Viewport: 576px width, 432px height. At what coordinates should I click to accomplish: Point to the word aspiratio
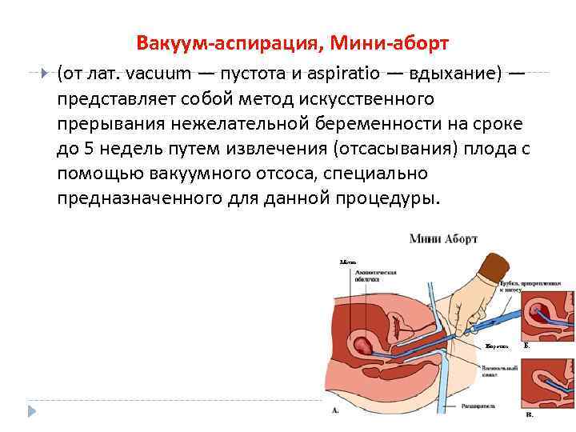(x=343, y=74)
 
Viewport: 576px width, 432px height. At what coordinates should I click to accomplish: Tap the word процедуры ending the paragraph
(x=394, y=198)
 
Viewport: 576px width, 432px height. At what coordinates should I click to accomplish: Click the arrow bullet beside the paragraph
(x=44, y=73)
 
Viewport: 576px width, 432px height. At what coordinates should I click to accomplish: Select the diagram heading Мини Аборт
(x=443, y=239)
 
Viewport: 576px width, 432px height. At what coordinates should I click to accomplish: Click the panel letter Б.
(x=526, y=346)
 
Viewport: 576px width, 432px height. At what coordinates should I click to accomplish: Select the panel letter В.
(x=529, y=415)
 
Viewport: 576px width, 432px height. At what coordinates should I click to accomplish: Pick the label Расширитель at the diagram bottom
(x=478, y=407)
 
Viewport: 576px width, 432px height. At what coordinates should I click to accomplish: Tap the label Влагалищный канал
(x=499, y=370)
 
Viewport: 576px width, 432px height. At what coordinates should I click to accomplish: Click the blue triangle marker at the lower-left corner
(x=32, y=411)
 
